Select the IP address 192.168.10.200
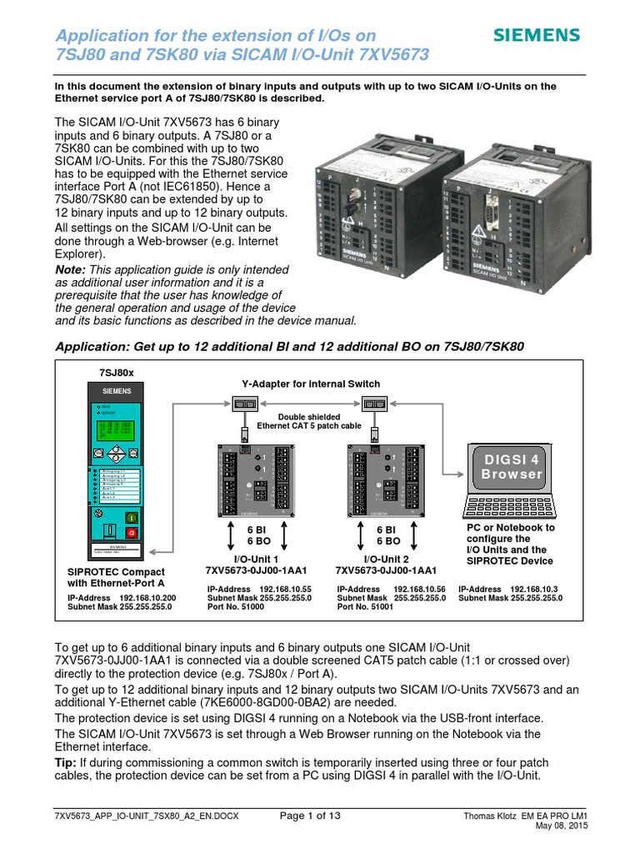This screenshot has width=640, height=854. (147, 598)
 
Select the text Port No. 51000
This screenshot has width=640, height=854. (236, 607)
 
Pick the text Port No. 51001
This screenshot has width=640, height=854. (365, 607)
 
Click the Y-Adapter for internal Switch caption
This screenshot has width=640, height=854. (311, 384)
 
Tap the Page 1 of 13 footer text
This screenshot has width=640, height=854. (309, 815)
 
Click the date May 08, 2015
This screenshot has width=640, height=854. (575, 826)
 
